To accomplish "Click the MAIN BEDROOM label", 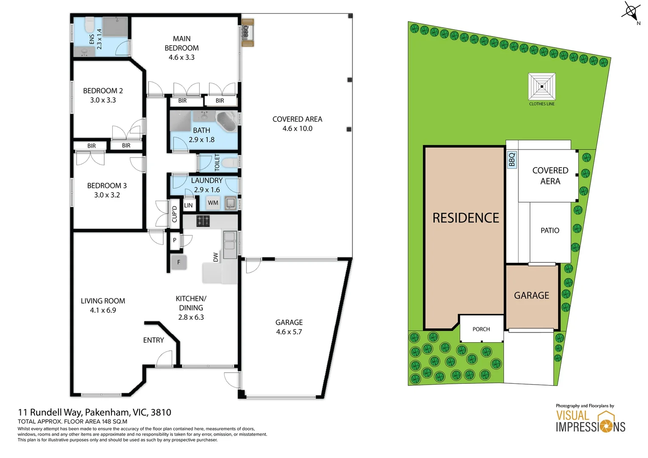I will [x=182, y=43].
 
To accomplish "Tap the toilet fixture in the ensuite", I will [x=89, y=25].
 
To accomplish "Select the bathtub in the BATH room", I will [x=227, y=121].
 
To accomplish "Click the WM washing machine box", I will [x=213, y=203].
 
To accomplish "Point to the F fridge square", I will [x=179, y=263].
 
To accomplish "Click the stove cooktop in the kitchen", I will [x=203, y=221].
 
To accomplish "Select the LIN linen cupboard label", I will [x=188, y=205].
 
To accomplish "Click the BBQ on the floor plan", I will [x=247, y=32].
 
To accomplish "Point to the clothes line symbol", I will [x=542, y=87].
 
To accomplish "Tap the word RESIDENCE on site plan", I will [x=466, y=218].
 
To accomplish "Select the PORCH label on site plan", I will [x=481, y=329].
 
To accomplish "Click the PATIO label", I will [x=550, y=230].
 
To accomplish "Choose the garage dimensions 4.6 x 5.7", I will [x=289, y=332].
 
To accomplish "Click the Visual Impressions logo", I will [x=590, y=421].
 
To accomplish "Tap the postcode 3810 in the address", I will [x=161, y=412].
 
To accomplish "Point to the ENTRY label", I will [x=153, y=340].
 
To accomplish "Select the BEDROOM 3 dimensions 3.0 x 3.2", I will [x=107, y=195].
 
